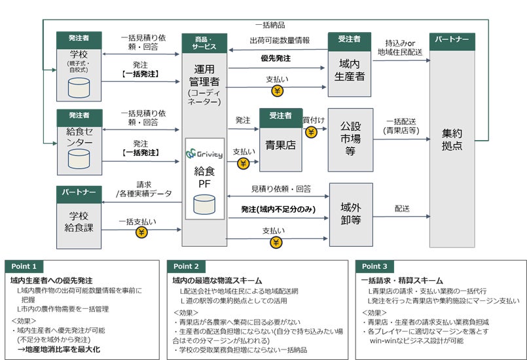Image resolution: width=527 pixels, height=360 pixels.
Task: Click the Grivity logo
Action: click(204, 154)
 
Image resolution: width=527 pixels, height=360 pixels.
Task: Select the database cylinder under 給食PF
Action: click(204, 206)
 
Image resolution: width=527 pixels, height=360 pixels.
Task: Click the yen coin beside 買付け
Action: click(311, 132)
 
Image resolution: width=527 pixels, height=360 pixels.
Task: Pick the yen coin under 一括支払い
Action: click(141, 232)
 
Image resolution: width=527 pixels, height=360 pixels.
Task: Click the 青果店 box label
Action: click(280, 145)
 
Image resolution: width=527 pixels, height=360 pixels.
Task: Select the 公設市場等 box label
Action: click(350, 139)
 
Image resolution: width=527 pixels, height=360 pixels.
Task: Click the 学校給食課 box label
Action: click(79, 221)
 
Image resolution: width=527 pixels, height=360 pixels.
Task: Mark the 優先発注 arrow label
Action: click(276, 58)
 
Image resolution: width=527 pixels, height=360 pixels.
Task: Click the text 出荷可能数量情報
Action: click(279, 41)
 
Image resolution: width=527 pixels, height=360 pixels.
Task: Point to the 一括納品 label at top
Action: click(270, 25)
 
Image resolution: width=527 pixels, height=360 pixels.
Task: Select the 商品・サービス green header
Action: click(204, 43)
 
